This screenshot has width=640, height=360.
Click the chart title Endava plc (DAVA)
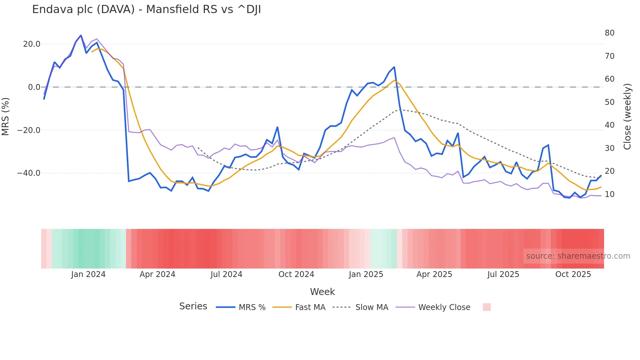[x=146, y=9]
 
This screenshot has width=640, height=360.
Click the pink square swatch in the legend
[x=487, y=307]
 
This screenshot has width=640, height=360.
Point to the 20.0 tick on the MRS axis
[x=32, y=44]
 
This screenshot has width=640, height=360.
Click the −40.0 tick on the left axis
[x=29, y=173]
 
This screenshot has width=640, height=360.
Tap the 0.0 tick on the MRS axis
[x=34, y=87]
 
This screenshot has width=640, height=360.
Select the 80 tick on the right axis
[x=609, y=33]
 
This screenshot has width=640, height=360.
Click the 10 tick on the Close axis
[x=609, y=194]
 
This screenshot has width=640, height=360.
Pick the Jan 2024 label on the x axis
[x=88, y=274]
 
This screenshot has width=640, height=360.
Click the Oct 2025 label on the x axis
[x=573, y=274]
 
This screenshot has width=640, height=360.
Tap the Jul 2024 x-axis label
[x=226, y=274]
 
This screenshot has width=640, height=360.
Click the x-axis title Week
[x=322, y=292]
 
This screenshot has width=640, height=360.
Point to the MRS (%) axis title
[x=6, y=116]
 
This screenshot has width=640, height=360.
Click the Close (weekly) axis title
[x=627, y=116]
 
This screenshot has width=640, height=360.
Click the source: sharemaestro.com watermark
[x=578, y=256]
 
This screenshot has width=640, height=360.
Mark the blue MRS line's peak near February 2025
[x=394, y=67]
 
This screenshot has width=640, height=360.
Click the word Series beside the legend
[x=193, y=306]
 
